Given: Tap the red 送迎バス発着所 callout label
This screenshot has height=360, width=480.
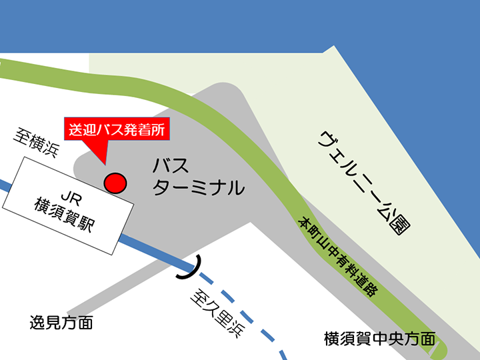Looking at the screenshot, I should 117,129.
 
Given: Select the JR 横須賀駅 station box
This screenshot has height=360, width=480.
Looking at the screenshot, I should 68,205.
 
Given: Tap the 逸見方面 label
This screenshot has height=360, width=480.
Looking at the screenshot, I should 61,324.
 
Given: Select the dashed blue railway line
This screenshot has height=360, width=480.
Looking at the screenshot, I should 260,321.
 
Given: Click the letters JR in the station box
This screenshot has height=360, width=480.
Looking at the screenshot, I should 70,196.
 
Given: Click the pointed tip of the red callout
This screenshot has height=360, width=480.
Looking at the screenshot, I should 105,163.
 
